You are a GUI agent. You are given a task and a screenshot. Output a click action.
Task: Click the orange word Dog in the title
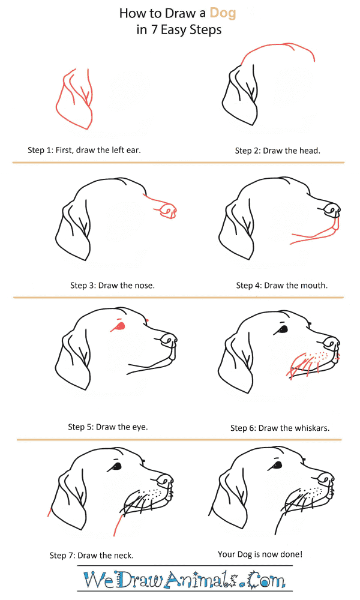(x=223, y=14)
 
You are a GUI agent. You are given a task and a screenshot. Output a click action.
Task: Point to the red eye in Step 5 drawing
(x=119, y=326)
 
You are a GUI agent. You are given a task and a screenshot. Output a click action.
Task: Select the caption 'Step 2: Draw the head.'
(x=277, y=151)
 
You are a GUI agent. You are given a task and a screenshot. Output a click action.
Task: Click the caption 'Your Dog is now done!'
(x=260, y=554)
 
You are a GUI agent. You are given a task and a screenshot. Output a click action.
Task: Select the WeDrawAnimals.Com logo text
(x=184, y=580)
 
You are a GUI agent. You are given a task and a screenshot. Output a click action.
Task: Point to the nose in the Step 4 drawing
(x=331, y=209)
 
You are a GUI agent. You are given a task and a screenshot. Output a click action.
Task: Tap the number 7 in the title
(x=154, y=29)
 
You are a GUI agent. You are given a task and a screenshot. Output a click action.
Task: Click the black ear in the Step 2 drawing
(x=240, y=95)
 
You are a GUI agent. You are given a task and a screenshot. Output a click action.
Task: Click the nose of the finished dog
(x=326, y=479)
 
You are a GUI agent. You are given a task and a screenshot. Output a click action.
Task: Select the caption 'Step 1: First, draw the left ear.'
(x=84, y=150)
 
